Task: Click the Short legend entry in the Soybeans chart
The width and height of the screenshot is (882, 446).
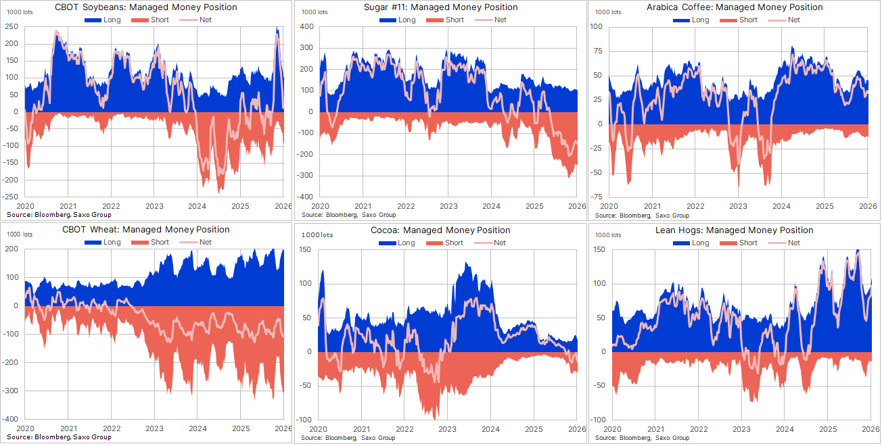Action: coord(152,20)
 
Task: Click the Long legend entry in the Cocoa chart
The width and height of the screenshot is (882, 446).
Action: coord(398,243)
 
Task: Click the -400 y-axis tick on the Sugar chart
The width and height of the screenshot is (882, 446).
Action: coord(305,197)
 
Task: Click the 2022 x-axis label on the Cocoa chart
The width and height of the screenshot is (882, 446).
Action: coord(404,428)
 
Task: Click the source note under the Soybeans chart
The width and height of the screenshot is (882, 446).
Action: coord(59,214)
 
